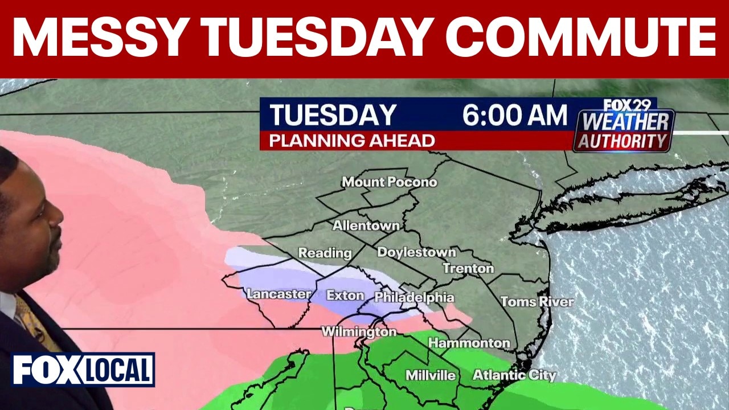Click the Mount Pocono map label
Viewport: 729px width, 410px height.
click(390, 182)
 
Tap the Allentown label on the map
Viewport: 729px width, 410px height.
click(366, 225)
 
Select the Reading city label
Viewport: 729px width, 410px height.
click(325, 253)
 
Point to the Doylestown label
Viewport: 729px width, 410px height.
click(416, 252)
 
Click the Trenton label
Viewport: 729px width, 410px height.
click(468, 268)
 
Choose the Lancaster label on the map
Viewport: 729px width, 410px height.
click(279, 294)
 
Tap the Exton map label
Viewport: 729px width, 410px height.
click(345, 296)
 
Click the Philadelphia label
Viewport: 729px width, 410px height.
click(414, 297)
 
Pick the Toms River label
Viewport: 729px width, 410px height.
click(537, 301)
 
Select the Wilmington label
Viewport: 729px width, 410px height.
click(359, 331)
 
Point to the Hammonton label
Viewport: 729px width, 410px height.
click(469, 343)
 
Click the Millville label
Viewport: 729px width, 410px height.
click(431, 375)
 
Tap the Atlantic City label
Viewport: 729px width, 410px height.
click(514, 375)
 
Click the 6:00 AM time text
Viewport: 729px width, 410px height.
click(515, 115)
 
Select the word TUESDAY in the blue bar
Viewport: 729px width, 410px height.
click(333, 115)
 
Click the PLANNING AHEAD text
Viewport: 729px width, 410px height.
click(352, 141)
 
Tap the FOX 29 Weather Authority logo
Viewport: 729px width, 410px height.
click(624, 126)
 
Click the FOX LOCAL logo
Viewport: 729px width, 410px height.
click(83, 370)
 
